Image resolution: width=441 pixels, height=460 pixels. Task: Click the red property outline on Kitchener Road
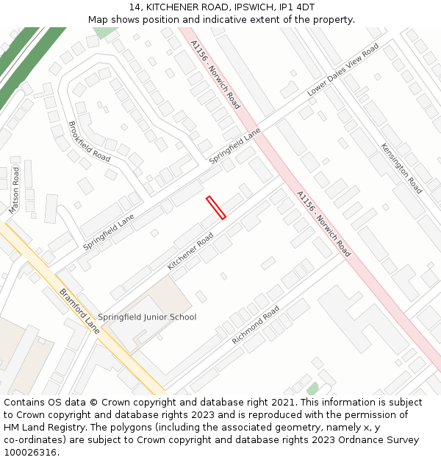click(215, 208)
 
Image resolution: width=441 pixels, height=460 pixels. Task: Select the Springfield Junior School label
click(147, 317)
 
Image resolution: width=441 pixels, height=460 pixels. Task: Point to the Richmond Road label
click(256, 326)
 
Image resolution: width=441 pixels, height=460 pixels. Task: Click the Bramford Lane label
click(79, 310)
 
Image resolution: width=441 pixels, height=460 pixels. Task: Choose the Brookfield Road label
click(89, 141)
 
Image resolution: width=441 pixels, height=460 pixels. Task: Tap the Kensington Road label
click(401, 169)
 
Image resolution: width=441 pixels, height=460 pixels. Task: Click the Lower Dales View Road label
click(343, 70)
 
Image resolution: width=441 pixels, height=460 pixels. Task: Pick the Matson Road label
click(14, 190)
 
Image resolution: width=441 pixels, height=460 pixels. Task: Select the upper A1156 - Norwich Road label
click(215, 75)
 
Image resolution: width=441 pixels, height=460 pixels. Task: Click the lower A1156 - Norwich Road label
click(323, 224)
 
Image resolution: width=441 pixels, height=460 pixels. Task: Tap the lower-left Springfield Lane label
click(109, 231)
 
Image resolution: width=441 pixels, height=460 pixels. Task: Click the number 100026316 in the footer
click(30, 452)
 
